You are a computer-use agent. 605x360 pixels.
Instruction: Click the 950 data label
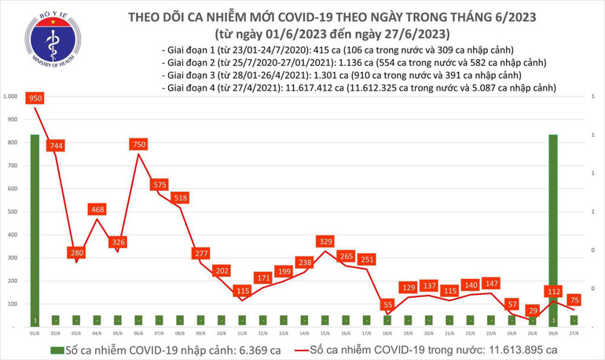click(35, 99)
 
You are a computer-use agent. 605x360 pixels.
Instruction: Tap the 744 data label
click(56, 146)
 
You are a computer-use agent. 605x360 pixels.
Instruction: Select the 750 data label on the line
click(139, 145)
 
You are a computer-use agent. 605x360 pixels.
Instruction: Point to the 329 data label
click(326, 241)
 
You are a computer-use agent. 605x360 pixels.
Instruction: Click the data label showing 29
click(534, 310)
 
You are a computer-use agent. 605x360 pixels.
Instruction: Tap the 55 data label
click(388, 304)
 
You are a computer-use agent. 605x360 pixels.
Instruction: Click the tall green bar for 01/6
click(35, 228)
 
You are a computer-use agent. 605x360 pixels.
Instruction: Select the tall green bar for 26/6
click(555, 228)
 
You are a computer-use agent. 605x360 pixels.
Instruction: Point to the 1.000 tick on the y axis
click(11, 97)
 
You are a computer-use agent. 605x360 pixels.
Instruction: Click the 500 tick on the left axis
click(13, 212)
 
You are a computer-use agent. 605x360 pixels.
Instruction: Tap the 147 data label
click(493, 283)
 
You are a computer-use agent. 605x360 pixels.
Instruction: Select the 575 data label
click(159, 185)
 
